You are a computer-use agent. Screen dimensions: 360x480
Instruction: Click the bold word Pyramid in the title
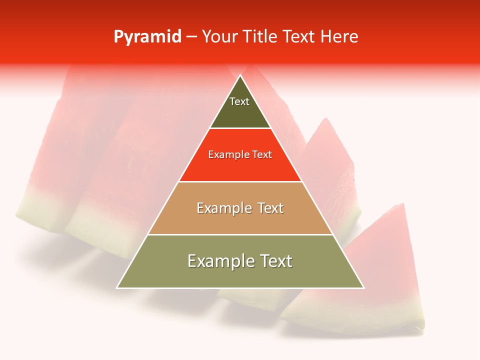click(147, 37)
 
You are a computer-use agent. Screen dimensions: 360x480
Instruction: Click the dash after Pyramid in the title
click(191, 37)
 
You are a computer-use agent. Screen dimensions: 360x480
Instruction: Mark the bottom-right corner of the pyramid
click(363, 287)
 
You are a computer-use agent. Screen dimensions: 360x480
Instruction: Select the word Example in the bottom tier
click(218, 261)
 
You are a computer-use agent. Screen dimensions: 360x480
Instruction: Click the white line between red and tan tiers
click(240, 181)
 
